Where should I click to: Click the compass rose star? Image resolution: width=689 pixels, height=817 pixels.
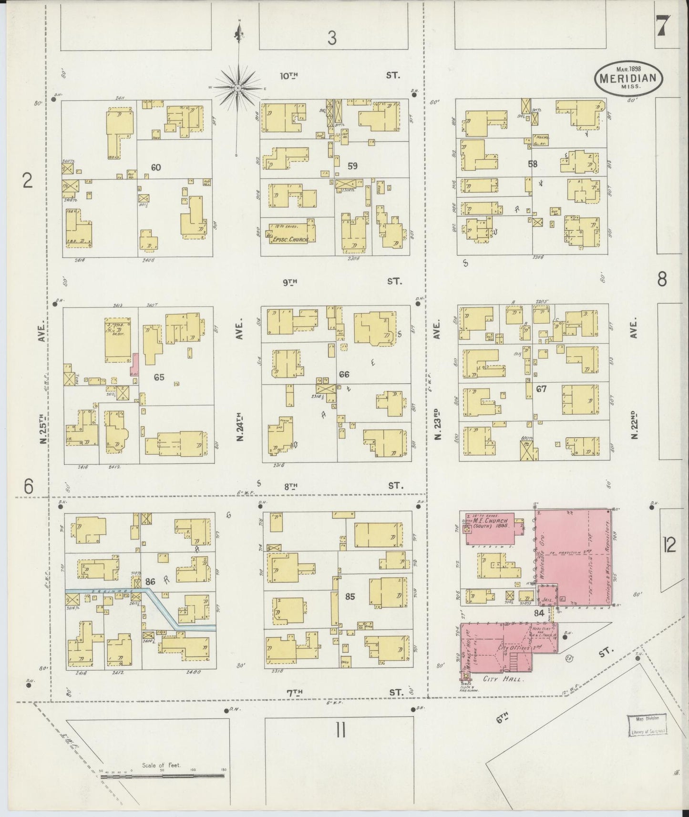[x=237, y=88]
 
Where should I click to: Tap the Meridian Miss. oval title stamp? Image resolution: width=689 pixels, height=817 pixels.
[x=629, y=77]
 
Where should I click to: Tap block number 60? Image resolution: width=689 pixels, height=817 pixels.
[x=155, y=167]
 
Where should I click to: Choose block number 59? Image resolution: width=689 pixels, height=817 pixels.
[x=352, y=166]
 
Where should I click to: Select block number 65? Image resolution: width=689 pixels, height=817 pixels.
[x=159, y=377]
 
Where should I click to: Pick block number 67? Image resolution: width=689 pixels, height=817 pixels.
[x=541, y=389]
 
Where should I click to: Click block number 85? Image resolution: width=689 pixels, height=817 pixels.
[x=350, y=596]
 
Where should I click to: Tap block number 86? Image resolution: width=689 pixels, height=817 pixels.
[x=151, y=582]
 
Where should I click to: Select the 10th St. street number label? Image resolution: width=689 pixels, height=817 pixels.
[x=289, y=75]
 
